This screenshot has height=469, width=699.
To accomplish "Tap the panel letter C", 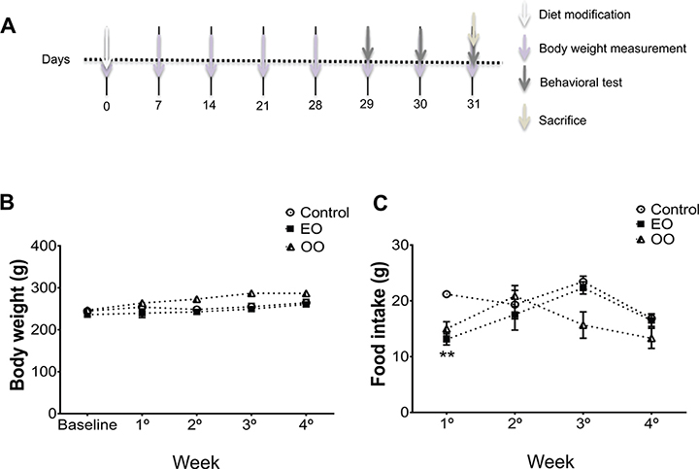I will (380, 203).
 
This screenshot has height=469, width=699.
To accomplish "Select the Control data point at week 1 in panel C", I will (447, 294).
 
